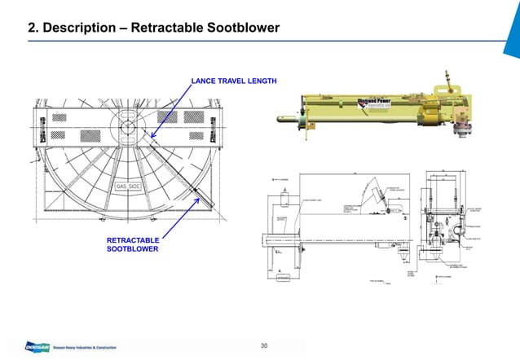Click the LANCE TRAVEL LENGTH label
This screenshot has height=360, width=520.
[x=234, y=81]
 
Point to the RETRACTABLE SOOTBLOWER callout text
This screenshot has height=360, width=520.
[x=133, y=244]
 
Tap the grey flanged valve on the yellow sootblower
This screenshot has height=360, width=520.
[x=467, y=127]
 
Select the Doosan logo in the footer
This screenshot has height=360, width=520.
[x=16, y=347]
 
